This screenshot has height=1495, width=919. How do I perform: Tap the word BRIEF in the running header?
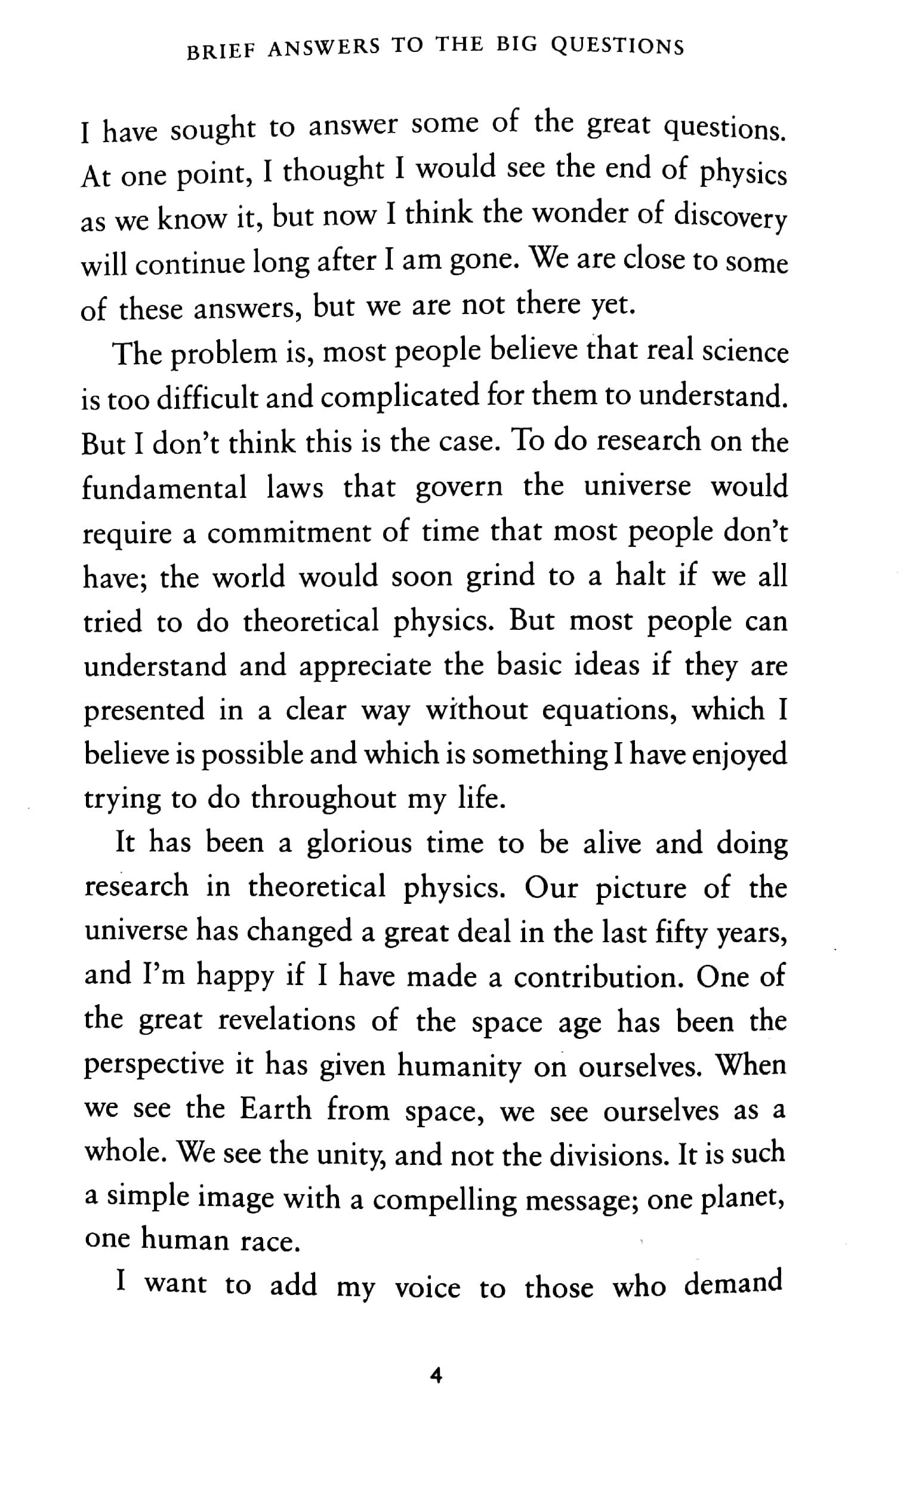point(221,52)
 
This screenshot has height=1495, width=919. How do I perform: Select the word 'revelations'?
point(286,1022)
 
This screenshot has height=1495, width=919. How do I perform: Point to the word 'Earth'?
point(275,1109)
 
